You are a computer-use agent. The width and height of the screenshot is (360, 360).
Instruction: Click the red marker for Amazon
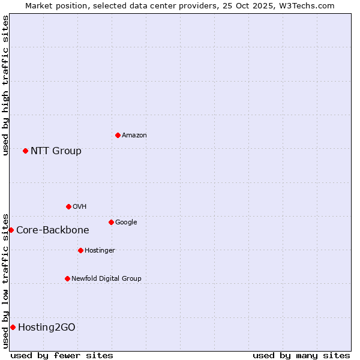118,135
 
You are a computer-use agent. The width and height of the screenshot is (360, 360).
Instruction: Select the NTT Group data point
25,151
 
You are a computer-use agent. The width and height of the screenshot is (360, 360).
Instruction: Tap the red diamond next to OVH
68,206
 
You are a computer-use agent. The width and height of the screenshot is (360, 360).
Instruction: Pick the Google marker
111,222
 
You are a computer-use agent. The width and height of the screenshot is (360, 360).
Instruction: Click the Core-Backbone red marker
11,230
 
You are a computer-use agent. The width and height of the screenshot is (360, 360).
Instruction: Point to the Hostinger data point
80,250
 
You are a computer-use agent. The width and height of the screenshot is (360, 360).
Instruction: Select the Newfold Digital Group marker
67,278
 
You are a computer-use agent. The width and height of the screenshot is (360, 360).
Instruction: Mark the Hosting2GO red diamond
13,327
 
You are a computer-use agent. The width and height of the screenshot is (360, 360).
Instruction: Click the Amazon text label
134,136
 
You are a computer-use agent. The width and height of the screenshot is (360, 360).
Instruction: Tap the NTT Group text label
56,151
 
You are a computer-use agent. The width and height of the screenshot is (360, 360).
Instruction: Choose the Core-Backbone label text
52,230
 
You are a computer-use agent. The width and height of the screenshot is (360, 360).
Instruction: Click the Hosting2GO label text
47,328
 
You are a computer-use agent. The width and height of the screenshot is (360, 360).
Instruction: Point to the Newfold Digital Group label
106,278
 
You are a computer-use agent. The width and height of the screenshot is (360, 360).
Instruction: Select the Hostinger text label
100,251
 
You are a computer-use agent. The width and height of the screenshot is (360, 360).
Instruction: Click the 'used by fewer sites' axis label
62,355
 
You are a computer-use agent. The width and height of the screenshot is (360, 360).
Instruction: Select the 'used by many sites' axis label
301,355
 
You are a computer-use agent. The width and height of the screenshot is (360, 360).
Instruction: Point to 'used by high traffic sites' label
5,85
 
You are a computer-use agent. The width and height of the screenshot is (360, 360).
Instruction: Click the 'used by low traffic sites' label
5,281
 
